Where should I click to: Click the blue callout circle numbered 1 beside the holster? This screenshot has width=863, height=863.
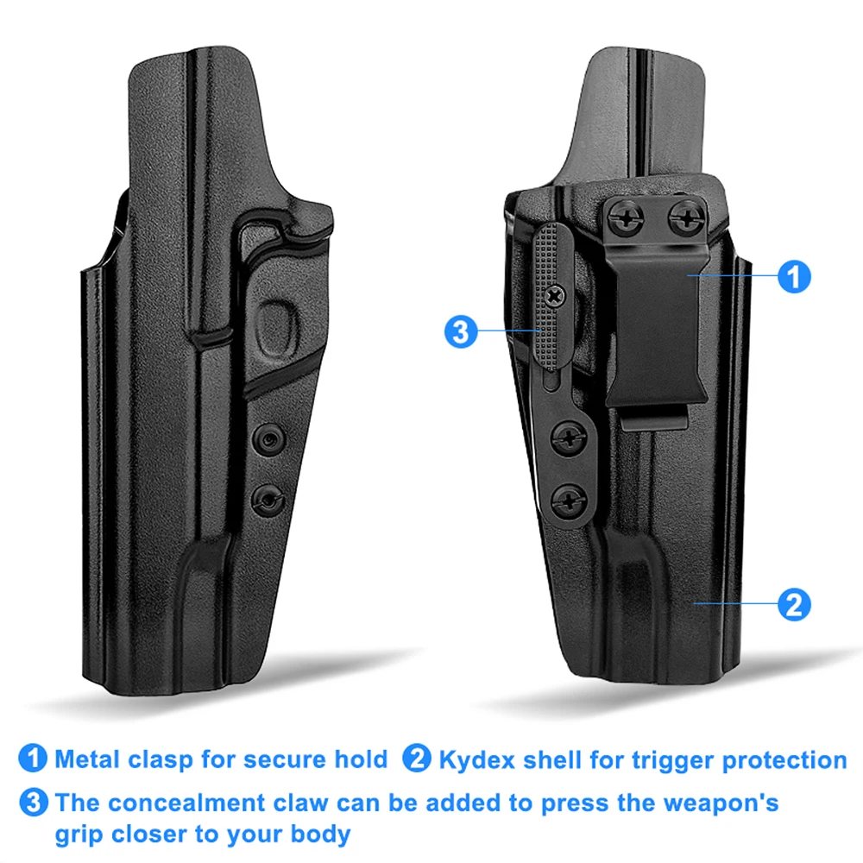click(794, 276)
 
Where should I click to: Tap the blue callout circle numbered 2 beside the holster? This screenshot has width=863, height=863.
click(794, 604)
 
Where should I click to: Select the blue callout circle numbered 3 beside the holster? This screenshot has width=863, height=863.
click(461, 331)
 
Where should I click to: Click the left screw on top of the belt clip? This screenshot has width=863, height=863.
click(627, 218)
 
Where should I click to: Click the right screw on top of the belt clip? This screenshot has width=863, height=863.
click(687, 217)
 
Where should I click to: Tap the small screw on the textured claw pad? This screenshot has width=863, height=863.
click(555, 296)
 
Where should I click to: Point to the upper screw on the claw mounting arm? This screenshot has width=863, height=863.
click(569, 439)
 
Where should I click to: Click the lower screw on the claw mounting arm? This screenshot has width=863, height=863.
click(569, 501)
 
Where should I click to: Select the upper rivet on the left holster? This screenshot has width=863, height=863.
click(269, 439)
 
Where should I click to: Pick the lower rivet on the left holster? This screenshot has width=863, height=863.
click(268, 500)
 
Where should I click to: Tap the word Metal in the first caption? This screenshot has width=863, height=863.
click(87, 759)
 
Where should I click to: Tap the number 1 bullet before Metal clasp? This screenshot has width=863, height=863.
click(33, 759)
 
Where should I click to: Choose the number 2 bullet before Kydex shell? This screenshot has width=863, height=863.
click(417, 759)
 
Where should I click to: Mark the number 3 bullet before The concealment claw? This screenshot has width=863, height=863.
click(33, 803)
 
